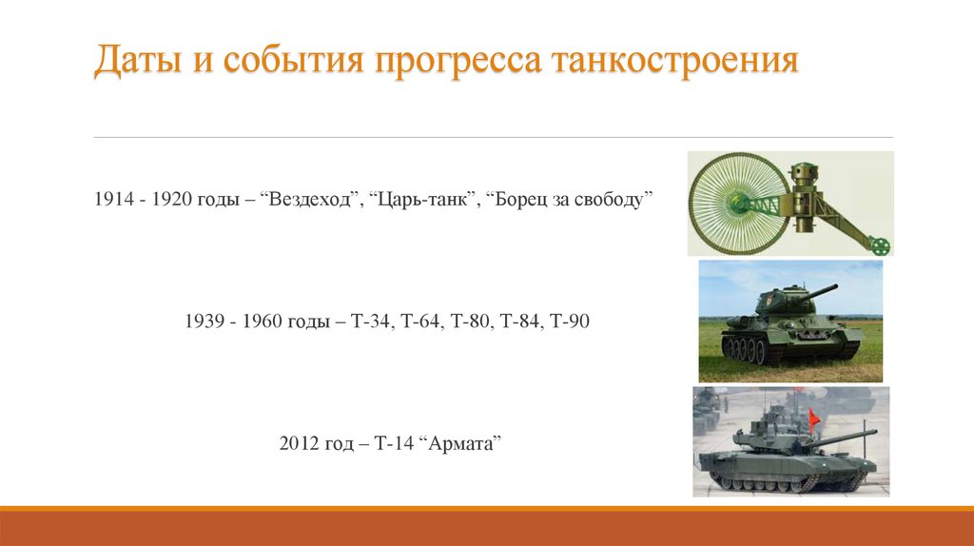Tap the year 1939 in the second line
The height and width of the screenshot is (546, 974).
[x=204, y=322]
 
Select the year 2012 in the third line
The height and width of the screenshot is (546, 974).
[x=299, y=444]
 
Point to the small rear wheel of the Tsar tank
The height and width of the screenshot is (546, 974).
[x=881, y=245]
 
